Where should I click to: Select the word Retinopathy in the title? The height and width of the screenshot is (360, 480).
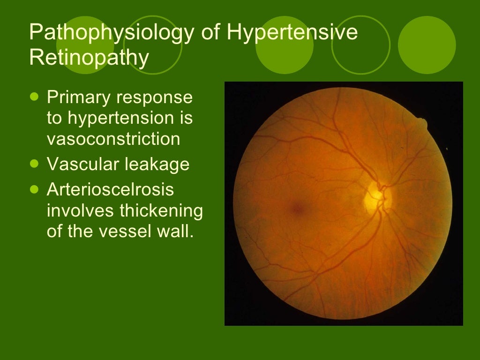89,58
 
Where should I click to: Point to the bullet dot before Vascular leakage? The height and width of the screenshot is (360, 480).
33,164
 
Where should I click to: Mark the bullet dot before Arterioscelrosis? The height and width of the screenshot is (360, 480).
33,189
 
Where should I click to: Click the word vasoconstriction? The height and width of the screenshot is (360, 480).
113,139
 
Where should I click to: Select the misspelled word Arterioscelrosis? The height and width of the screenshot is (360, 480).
110,190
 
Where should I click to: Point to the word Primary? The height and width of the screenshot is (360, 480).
78,97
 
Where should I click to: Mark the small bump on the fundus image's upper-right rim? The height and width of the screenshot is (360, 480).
423,123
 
